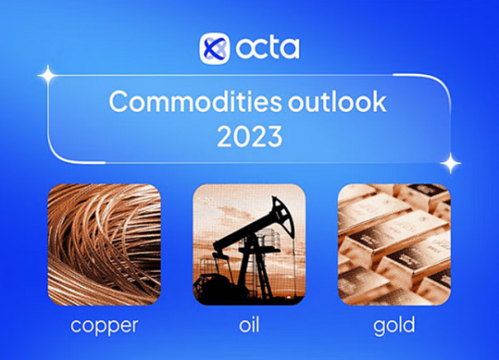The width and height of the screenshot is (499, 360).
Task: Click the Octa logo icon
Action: click(x=215, y=48)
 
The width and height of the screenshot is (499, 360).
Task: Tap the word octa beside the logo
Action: click(x=267, y=48)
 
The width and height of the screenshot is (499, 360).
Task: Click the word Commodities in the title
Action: click(x=195, y=102)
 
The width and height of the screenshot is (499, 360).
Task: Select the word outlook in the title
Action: click(x=338, y=102)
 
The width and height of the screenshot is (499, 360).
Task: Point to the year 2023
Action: click(x=250, y=136)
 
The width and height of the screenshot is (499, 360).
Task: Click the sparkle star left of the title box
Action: click(x=48, y=76)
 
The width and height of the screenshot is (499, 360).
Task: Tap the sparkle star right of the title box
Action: click(x=451, y=163)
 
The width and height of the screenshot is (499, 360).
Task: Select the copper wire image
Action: click(x=104, y=244)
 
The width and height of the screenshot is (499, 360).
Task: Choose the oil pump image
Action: click(x=250, y=244)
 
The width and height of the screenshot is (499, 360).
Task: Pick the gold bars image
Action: click(x=394, y=244)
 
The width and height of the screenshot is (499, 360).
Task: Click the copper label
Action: click(x=104, y=326)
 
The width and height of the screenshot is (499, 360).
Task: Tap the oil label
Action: click(x=250, y=324)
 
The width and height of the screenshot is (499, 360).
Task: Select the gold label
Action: click(x=394, y=325)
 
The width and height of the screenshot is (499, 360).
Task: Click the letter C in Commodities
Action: click(x=119, y=102)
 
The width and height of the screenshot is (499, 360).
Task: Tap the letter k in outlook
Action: click(x=380, y=102)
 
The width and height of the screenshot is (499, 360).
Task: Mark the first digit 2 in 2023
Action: click(x=225, y=136)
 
